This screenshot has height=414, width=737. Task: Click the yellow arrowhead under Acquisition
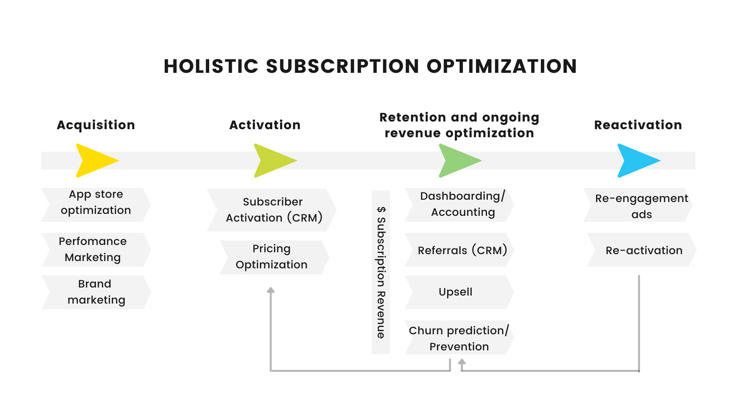click(96, 161)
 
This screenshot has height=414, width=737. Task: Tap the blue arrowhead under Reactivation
click(638, 161)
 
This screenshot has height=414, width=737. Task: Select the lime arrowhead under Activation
click(274, 161)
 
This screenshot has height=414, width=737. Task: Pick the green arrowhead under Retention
click(459, 161)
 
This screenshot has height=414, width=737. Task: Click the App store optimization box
click(96, 205)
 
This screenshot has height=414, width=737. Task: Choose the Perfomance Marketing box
click(96, 250)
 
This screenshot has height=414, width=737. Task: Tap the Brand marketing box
click(96, 292)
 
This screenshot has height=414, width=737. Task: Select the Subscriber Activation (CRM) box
click(272, 210)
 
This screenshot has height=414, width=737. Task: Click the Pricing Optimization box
click(274, 257)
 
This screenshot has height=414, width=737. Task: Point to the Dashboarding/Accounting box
click(459, 205)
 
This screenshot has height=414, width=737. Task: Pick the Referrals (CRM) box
click(459, 250)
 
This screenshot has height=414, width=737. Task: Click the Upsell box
click(459, 292)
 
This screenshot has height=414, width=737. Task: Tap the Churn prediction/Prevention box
click(459, 337)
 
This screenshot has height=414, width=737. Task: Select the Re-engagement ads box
click(638, 205)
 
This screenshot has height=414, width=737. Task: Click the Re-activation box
click(642, 250)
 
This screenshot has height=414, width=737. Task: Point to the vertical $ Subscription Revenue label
click(381, 272)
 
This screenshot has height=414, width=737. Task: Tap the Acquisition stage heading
click(96, 125)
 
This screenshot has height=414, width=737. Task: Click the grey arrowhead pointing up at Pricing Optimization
click(271, 290)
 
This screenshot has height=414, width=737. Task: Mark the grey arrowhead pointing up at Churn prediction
click(462, 361)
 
